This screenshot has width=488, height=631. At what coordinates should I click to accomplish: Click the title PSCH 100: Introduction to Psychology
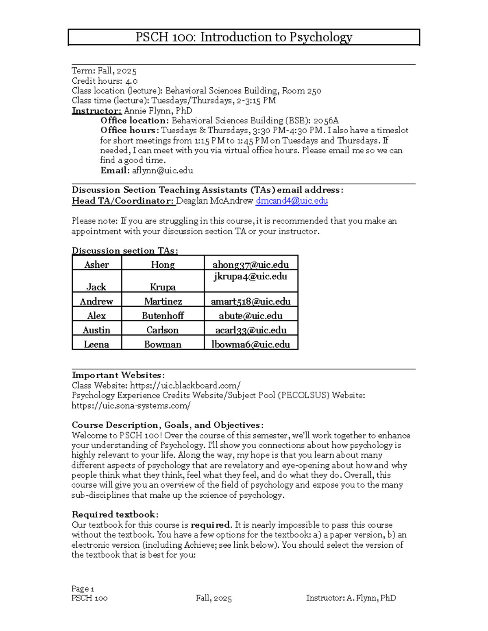pyautogui.click(x=244, y=37)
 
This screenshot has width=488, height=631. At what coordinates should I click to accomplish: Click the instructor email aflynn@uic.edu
pyautogui.click(x=162, y=171)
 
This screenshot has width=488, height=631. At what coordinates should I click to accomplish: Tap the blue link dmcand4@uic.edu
pyautogui.click(x=292, y=201)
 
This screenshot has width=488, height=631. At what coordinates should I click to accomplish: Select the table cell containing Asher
pyautogui.click(x=97, y=265)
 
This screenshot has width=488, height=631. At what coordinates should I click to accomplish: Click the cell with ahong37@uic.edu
pyautogui.click(x=251, y=265)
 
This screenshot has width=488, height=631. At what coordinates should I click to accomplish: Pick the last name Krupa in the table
pyautogui.click(x=163, y=287)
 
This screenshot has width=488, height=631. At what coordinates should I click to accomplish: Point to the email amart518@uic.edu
pyautogui.click(x=251, y=301)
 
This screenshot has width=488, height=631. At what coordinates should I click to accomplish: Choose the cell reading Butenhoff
pyautogui.click(x=163, y=316)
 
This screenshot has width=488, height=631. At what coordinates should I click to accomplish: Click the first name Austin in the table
pyautogui.click(x=96, y=330)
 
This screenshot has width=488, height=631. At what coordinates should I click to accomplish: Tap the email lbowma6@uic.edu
pyautogui.click(x=251, y=345)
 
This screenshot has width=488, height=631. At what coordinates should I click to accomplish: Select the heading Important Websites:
pyautogui.click(x=118, y=375)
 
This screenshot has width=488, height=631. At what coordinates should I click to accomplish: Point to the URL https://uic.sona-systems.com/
pyautogui.click(x=131, y=405)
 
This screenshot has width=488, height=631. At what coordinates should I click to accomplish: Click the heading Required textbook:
pyautogui.click(x=115, y=514)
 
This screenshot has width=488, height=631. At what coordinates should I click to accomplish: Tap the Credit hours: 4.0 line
pyautogui.click(x=105, y=81)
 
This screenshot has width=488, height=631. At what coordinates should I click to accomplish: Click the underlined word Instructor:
pyautogui.click(x=96, y=111)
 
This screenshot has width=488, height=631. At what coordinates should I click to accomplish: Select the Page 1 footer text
pyautogui.click(x=83, y=589)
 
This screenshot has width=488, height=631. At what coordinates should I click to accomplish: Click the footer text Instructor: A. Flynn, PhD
pyautogui.click(x=351, y=598)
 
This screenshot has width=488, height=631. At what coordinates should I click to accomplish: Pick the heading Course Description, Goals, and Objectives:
pyautogui.click(x=168, y=425)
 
